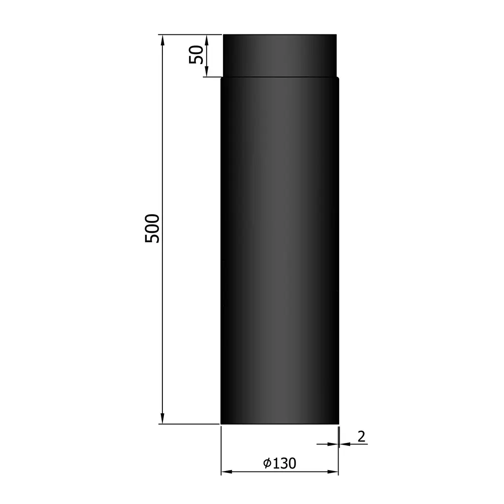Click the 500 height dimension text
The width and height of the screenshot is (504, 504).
[153, 228]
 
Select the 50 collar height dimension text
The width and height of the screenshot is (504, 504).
[196, 55]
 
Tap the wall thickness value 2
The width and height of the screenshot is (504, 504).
[361, 436]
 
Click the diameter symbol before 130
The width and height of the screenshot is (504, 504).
[267, 463]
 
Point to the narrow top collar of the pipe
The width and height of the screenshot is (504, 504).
[280, 55]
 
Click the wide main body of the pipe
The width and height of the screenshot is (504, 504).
[280, 246]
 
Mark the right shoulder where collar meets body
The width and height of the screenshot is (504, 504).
[338, 77]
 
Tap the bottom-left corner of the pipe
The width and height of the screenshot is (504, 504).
[221, 423]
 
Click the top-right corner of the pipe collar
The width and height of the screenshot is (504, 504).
[336, 35]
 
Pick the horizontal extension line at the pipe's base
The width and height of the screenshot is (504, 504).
[189, 424]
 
